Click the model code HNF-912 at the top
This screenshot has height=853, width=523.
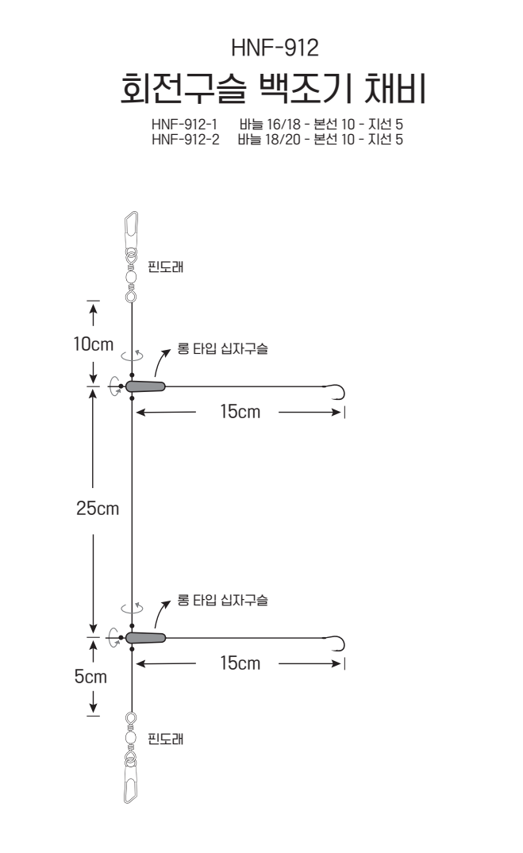coord(275,48)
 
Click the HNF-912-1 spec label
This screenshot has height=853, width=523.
coord(184,124)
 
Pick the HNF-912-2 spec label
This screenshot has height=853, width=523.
coord(186,140)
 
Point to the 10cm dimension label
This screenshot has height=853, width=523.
coord(94,344)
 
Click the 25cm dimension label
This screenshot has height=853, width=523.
coord(98,508)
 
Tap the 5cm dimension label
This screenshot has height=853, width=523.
coord(91,677)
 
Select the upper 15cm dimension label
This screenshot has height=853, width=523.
coord(240,412)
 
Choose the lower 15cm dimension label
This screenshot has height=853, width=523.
coord(240,663)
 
